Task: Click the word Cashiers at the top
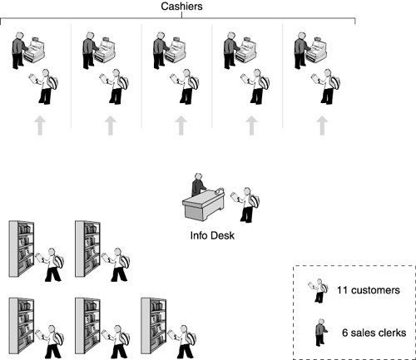(181, 7)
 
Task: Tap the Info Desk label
(212, 235)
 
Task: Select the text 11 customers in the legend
(369, 290)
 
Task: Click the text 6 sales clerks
(374, 333)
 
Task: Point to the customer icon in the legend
(318, 290)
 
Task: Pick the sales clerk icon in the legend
(321, 333)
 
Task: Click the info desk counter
(203, 205)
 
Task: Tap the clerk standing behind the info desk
(198, 185)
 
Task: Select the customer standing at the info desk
(245, 205)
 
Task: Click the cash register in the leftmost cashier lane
(34, 50)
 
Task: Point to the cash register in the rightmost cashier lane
(316, 50)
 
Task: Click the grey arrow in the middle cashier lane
(181, 126)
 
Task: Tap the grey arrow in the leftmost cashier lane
(40, 126)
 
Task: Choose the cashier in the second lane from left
(90, 51)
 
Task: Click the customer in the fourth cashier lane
(255, 86)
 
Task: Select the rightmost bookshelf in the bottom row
(153, 326)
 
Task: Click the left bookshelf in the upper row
(22, 249)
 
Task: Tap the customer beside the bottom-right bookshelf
(182, 342)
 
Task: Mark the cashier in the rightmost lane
(301, 51)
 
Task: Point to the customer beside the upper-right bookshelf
(116, 264)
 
